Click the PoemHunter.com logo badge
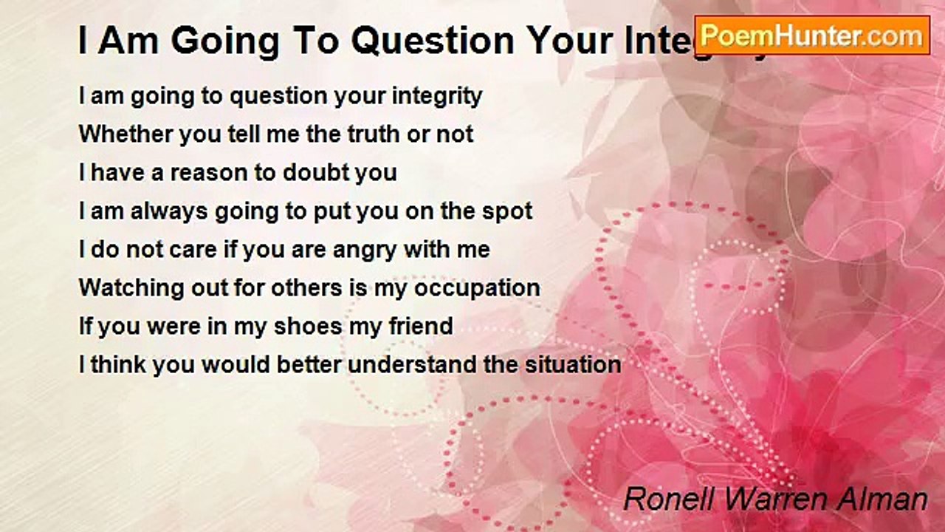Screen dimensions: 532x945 pos(812,35)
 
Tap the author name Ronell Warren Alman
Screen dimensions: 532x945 pos(775,499)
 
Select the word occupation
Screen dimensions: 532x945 pos(477,288)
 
